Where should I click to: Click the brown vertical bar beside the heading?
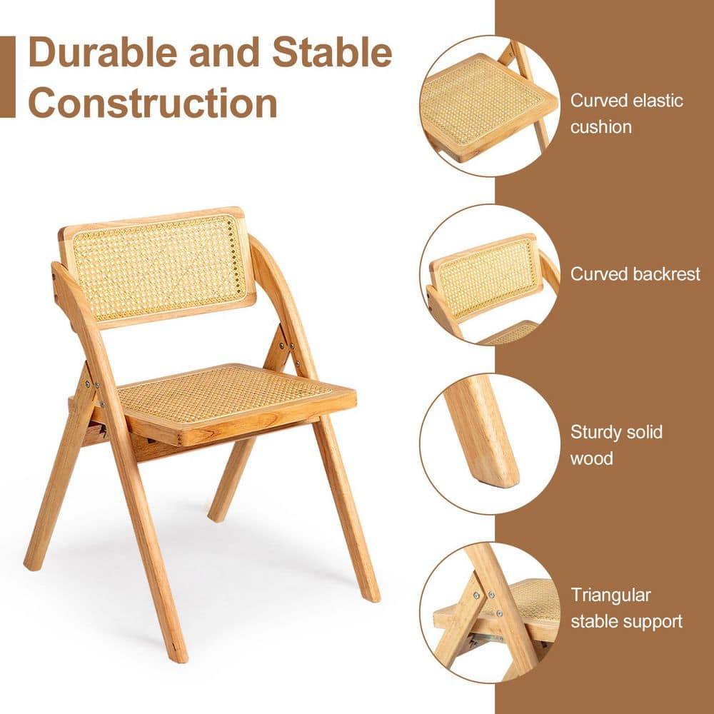7,76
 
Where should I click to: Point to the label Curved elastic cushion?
626,114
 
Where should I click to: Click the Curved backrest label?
635,274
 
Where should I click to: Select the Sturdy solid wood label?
616,445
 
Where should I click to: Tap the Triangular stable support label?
626,608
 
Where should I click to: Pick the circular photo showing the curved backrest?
490,276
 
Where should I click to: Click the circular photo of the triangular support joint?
490,610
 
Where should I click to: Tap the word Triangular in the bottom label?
610,595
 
